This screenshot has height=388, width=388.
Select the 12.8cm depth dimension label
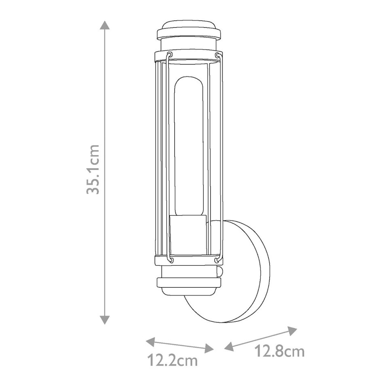click(x=279, y=351)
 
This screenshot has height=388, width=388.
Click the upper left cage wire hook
click(x=169, y=55)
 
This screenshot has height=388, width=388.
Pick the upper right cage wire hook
click(x=217, y=55)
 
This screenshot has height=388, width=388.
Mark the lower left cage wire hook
click(x=170, y=259)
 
